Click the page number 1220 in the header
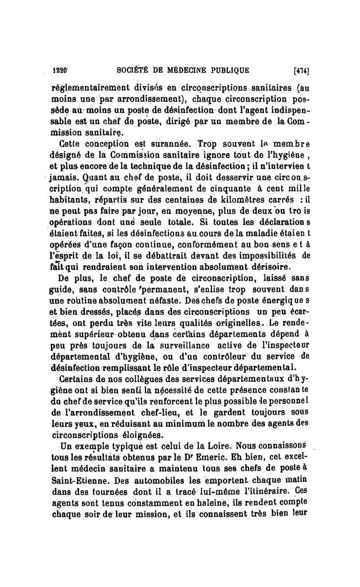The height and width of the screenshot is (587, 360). pos(60,70)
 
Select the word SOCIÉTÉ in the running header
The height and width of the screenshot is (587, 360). pos(134,70)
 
